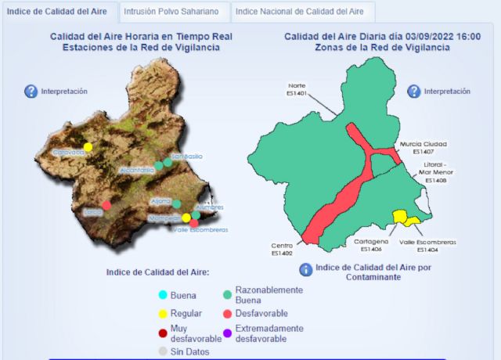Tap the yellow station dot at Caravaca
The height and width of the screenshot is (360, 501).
[x=88, y=146]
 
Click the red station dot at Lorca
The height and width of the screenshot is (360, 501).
[x=106, y=205]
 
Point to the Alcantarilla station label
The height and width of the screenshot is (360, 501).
[x=137, y=170]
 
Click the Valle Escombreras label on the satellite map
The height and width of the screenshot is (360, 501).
[x=200, y=230]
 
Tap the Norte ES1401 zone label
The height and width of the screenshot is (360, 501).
[x=297, y=89]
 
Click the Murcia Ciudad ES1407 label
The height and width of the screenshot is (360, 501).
[x=423, y=148]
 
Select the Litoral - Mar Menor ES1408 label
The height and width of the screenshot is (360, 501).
[x=435, y=172]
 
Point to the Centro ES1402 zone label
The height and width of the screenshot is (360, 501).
[x=281, y=250]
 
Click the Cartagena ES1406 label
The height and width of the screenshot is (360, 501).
[x=371, y=246]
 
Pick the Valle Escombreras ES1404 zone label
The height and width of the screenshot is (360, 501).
[x=427, y=246]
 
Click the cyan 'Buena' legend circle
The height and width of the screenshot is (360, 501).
[x=162, y=295]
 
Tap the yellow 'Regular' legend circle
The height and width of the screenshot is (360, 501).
[x=162, y=313]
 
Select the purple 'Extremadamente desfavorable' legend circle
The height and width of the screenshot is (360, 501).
[x=227, y=333]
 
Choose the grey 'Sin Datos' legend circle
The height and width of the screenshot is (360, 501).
[x=162, y=352]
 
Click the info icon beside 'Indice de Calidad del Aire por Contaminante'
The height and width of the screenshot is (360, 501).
[x=306, y=270]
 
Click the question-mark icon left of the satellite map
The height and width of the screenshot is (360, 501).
[x=31, y=92]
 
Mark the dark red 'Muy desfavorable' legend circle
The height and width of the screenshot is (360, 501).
[x=162, y=333]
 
